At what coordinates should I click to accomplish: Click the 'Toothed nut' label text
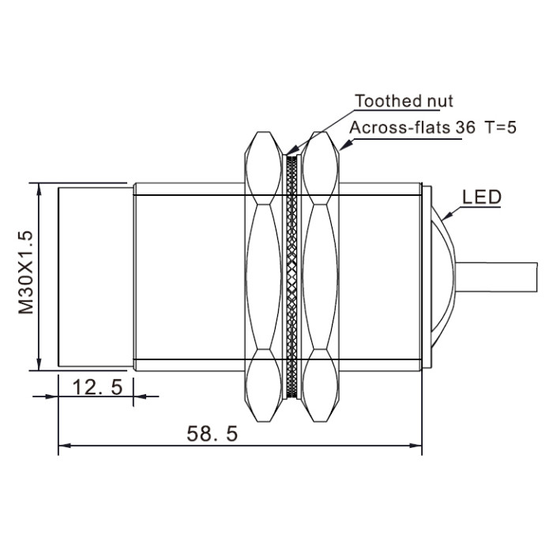click(404, 101)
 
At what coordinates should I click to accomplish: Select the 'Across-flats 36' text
click(412, 127)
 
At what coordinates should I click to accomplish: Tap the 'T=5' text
click(501, 127)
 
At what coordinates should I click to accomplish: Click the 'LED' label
click(482, 197)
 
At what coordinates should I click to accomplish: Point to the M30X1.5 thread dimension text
click(26, 273)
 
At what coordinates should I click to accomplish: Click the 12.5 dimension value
click(97, 387)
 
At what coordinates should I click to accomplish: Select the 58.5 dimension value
click(212, 434)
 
